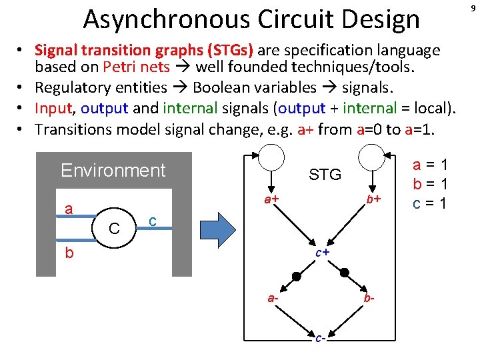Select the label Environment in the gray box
click(113, 171)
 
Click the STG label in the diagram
click(325, 175)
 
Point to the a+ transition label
click(270, 199)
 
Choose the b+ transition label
click(373, 199)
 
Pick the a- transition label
click(273, 299)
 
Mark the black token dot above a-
click(297, 276)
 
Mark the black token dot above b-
click(345, 272)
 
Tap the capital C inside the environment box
click(114, 229)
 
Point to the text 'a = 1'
click(430, 165)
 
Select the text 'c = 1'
click(430, 203)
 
